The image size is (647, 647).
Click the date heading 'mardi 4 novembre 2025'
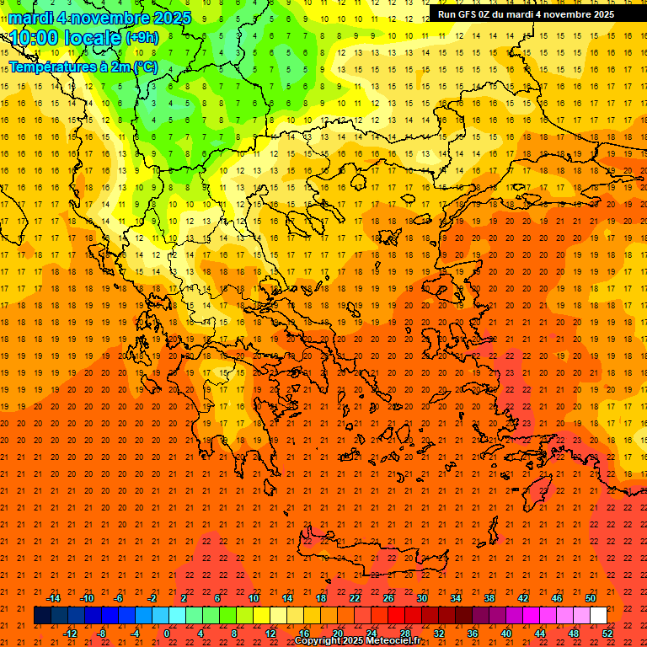point(99,18)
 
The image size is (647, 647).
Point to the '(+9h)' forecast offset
point(141,38)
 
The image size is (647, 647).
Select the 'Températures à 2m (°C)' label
point(83,67)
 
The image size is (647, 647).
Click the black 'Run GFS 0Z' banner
point(526,14)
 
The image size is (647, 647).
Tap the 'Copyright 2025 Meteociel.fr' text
point(357,641)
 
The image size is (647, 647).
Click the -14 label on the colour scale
point(54,598)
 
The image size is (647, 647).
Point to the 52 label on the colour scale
point(608,633)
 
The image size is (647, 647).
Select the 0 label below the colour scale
point(167,633)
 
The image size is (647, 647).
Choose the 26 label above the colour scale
point(388,598)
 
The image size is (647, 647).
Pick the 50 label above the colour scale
point(591,598)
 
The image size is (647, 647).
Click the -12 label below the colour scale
point(71,633)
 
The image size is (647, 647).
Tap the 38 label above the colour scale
point(489,598)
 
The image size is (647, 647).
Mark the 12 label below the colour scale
point(270,633)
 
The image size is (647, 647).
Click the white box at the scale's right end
point(598,616)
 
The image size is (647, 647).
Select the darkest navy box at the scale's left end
point(42,616)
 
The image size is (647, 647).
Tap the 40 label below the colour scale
point(506,633)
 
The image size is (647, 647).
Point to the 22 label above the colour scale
point(355,598)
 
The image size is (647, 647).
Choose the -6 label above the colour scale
point(119,598)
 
